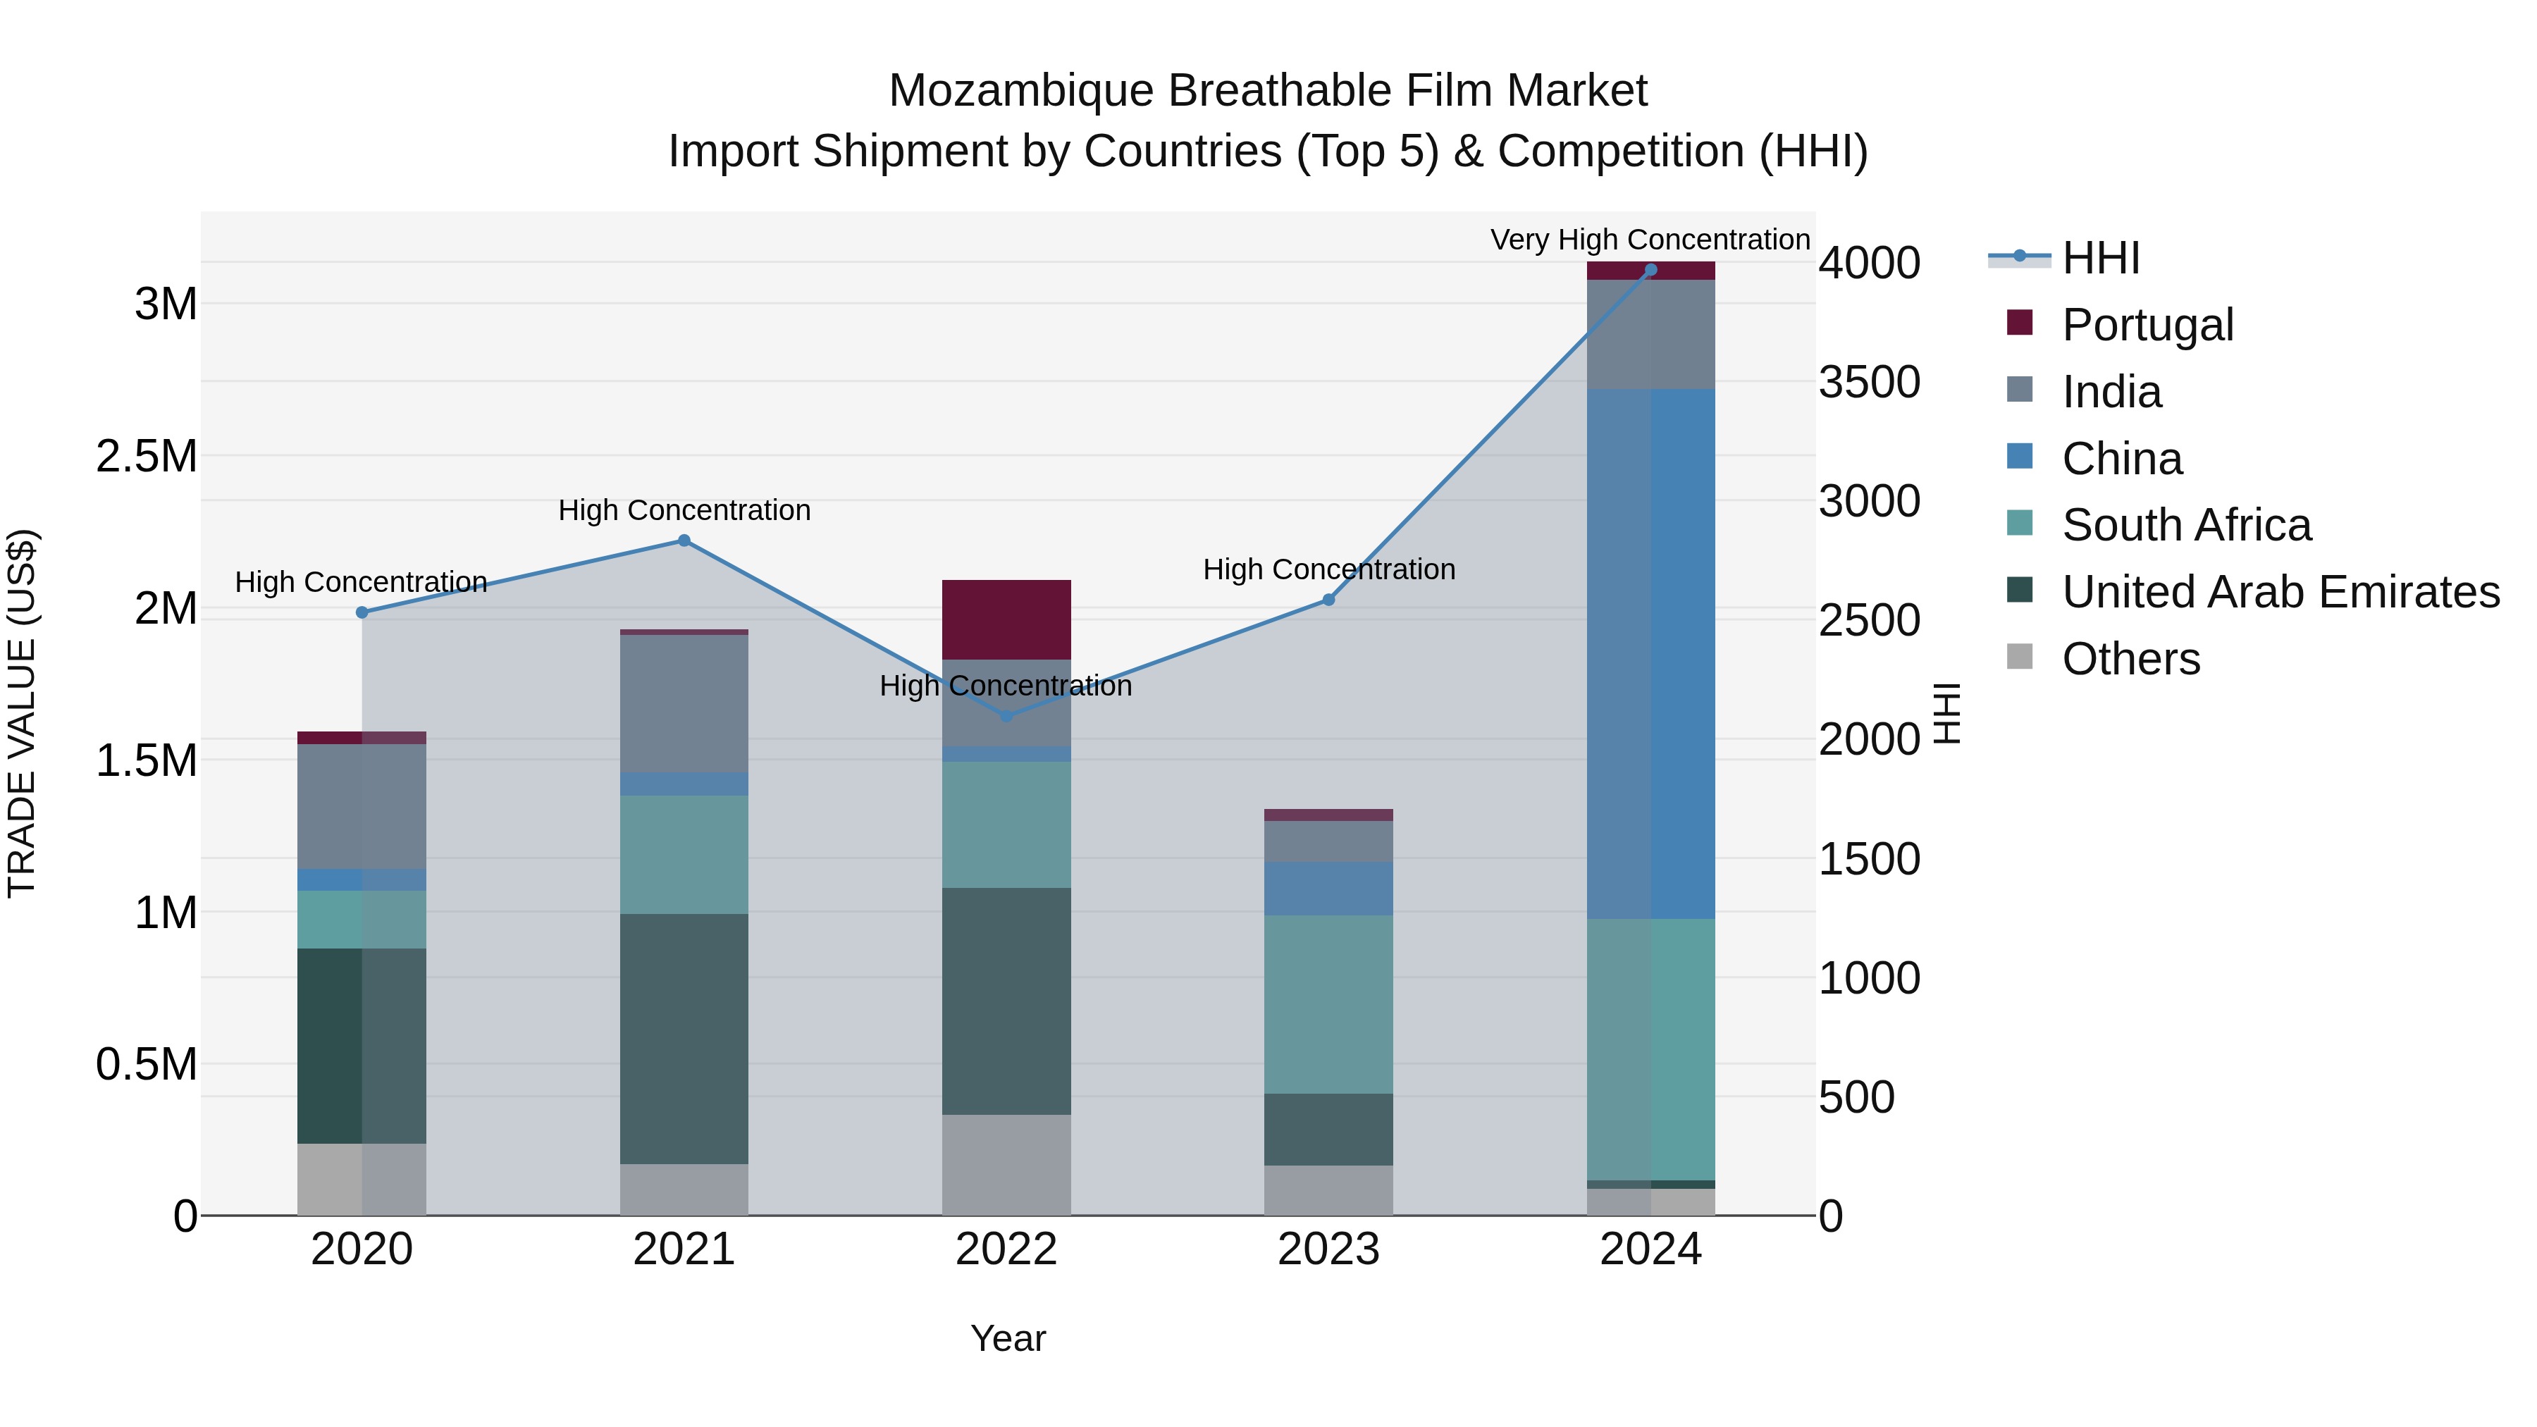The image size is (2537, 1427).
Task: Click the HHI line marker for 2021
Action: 684,540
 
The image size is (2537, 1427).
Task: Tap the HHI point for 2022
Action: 1006,716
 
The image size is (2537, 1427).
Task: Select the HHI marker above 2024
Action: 1650,270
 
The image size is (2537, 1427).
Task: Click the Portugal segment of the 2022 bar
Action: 1006,619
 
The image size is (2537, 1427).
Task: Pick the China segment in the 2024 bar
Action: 1650,654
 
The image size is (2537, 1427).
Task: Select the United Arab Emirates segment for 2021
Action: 684,1038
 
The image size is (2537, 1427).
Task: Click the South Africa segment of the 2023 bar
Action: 1328,1003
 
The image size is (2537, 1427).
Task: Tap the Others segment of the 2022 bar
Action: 1006,1164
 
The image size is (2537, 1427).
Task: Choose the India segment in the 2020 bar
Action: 362,807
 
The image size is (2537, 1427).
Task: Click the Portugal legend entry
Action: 2147,325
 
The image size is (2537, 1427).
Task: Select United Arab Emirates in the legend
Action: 2280,592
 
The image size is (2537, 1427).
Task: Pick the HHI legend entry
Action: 2100,258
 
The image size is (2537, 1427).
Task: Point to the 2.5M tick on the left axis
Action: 146,456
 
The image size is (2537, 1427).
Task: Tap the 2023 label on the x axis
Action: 1328,1249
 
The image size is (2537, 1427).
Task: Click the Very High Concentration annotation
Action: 1650,240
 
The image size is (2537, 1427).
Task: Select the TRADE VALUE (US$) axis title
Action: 22,713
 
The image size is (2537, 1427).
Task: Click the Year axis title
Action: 1008,1338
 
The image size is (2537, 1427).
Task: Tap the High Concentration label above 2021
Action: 684,510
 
